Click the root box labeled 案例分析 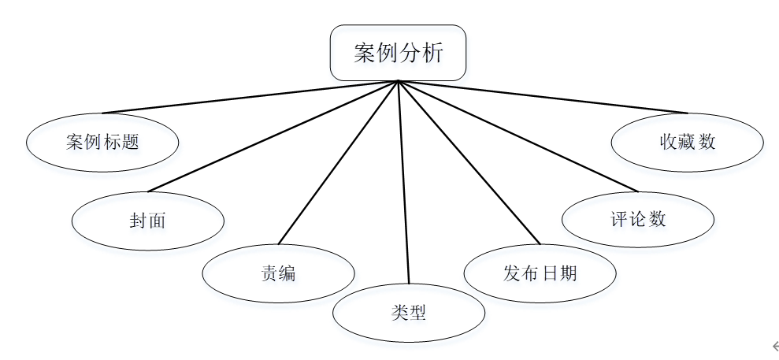click(398, 53)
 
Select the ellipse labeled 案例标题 click(102, 143)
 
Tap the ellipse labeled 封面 click(147, 220)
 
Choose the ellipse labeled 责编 click(278, 273)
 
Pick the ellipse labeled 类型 click(408, 313)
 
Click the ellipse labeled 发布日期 click(540, 273)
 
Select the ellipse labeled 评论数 click(638, 219)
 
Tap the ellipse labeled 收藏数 click(687, 142)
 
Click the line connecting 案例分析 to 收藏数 click(543, 98)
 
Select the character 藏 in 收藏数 click(687, 142)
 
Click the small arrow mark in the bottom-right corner click(774, 344)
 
